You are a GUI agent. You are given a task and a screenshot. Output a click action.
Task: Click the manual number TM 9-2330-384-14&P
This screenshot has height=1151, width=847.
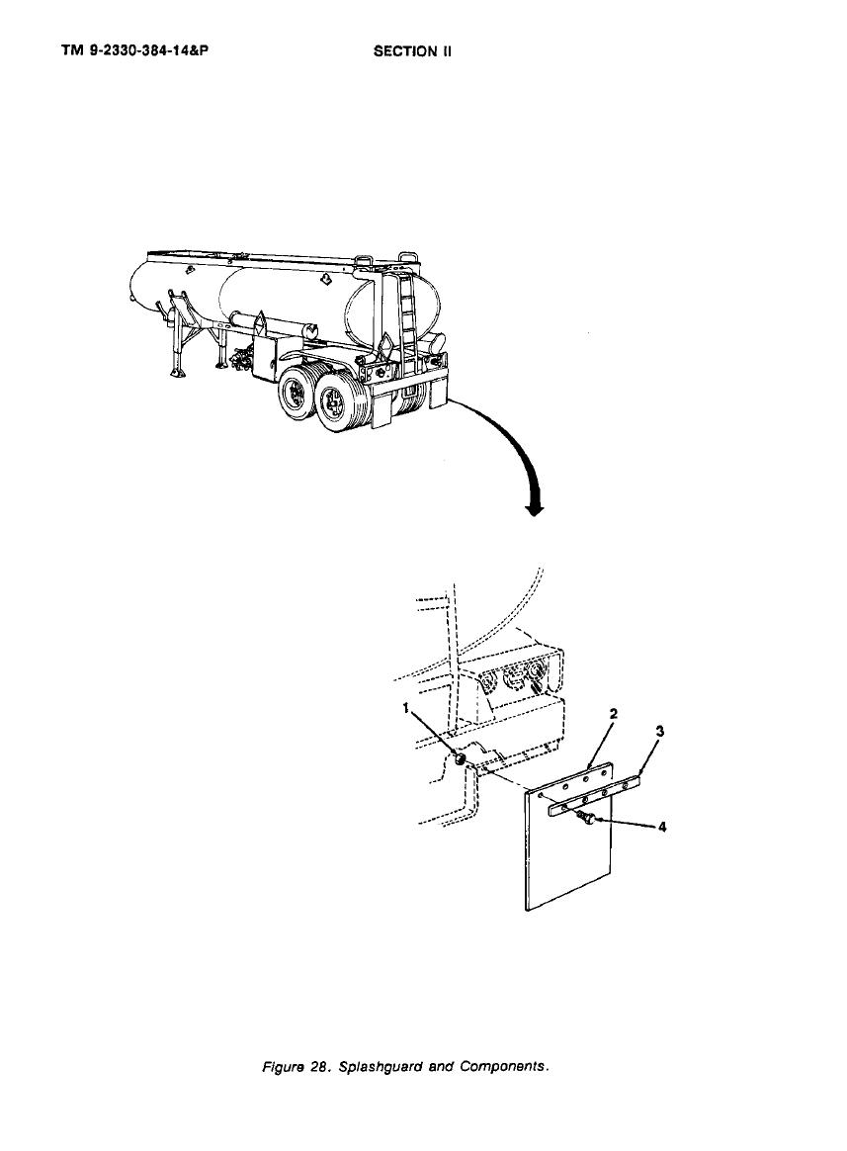point(129,50)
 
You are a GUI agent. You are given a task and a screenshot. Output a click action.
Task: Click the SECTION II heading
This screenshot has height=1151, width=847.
point(412,50)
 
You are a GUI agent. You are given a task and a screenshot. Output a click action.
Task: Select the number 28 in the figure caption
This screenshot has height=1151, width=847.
point(318,1067)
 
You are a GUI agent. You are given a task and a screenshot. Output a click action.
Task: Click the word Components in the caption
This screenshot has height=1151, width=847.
point(504,1067)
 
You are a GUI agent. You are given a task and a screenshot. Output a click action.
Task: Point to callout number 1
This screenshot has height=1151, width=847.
point(405,708)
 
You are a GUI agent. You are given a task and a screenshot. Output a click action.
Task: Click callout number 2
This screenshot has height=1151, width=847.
point(614,714)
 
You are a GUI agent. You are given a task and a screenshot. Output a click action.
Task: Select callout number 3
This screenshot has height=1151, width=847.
point(660,731)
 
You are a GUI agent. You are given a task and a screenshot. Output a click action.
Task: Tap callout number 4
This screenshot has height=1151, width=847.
point(662,828)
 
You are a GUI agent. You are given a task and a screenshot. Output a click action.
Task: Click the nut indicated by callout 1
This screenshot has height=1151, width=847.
point(461,759)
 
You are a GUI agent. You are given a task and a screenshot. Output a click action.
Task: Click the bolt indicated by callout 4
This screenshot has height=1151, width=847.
point(586,819)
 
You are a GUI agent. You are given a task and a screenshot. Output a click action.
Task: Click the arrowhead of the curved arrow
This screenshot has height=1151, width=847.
point(536,508)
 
